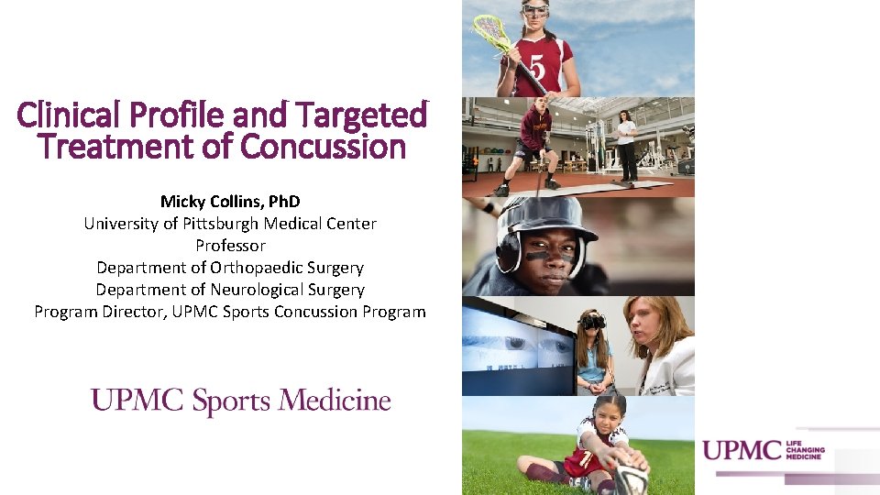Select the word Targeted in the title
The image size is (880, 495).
(367, 115)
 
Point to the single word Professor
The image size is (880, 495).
(230, 245)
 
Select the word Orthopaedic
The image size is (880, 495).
(261, 267)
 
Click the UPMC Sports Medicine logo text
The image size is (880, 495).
(240, 401)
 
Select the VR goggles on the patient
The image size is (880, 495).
(593, 322)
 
